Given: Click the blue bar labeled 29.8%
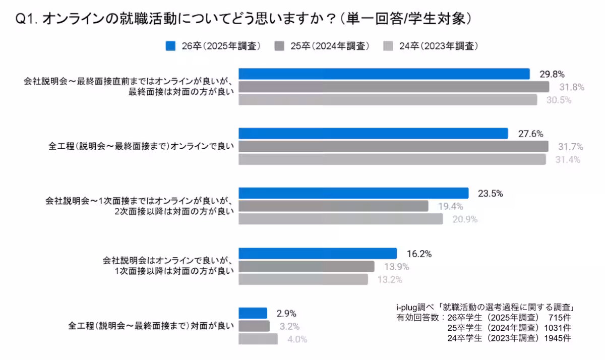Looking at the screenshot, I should tap(384, 74).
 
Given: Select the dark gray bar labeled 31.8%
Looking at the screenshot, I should tap(394, 87).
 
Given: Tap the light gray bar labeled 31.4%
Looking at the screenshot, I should tap(392, 160).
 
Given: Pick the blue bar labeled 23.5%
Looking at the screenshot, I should tap(353, 193).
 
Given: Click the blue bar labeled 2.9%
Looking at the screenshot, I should tap(253, 313).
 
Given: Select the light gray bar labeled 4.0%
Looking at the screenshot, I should tap(258, 339).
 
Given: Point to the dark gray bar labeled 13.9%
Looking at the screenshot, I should tap(306, 266).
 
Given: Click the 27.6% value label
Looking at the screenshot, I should tap(530, 134).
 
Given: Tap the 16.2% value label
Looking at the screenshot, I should tap(419, 254).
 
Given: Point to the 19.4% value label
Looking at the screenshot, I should tap(450, 206).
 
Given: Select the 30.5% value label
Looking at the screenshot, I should tap(559, 100).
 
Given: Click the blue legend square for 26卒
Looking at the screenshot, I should tap(170, 46).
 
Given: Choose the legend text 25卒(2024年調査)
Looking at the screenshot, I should tap(330, 46).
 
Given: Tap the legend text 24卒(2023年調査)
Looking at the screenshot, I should tap(438, 46).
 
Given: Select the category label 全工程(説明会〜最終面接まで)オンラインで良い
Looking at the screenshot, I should tap(141, 147).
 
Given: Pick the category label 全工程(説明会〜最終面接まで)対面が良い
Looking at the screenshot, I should tap(151, 326).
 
